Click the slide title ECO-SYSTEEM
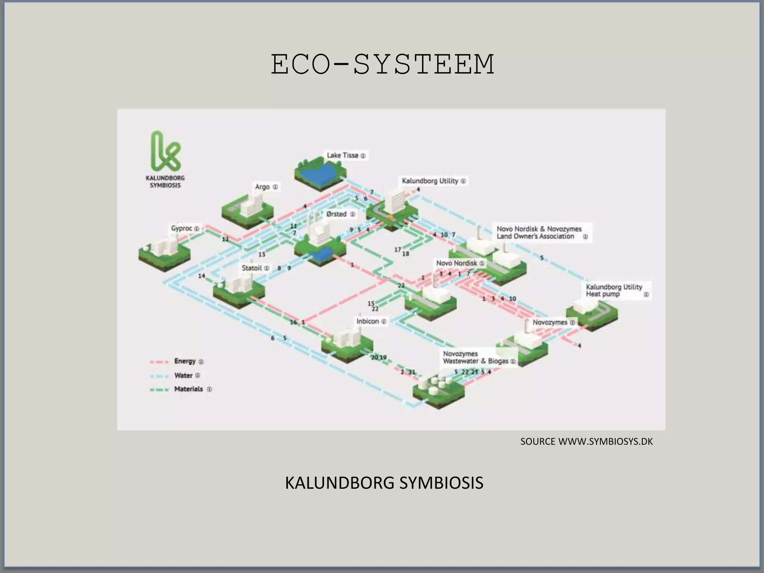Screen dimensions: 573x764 click(x=382, y=64)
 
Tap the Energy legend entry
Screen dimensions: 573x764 click(x=185, y=361)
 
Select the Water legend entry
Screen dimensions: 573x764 click(x=183, y=375)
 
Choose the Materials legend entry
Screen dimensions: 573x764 click(x=188, y=389)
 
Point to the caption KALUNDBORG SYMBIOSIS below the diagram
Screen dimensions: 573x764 click(x=384, y=483)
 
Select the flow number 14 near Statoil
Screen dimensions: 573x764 click(x=201, y=276)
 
